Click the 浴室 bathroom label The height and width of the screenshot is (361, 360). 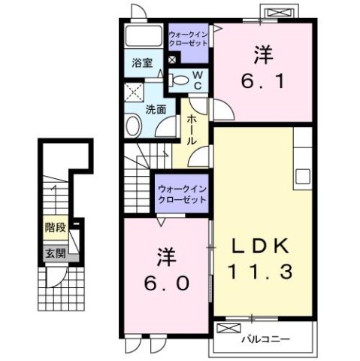pos(142,63)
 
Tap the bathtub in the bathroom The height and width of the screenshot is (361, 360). pos(143,36)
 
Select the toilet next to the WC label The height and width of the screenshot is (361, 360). pos(180,78)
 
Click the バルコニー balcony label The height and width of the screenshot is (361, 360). pos(265,339)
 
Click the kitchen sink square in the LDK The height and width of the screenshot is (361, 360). pos(303,177)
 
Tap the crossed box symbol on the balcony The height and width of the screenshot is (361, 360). pos(224,328)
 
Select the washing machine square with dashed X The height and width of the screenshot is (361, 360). pos(135,93)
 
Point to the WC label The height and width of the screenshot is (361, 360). pos(196,80)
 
